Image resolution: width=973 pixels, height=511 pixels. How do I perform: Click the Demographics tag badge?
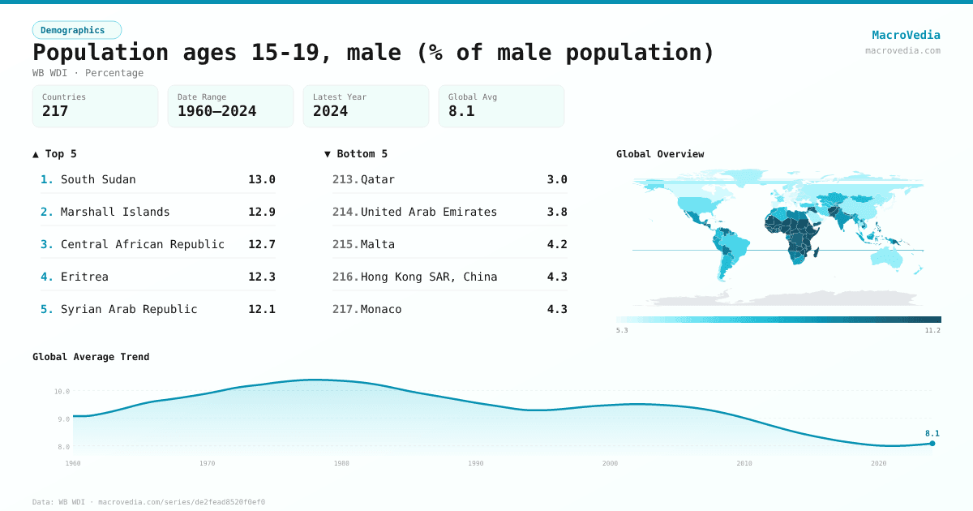(x=76, y=30)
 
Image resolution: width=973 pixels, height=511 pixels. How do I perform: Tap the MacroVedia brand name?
(x=906, y=35)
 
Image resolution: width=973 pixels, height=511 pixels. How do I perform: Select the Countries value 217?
(x=55, y=111)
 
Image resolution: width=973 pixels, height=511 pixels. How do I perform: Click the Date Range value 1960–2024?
(x=216, y=111)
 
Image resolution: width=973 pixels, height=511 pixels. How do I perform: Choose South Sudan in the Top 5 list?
(x=98, y=179)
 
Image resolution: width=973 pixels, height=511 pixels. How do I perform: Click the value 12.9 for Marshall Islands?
(x=261, y=212)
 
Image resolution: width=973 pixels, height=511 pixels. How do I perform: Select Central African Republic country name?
(x=143, y=244)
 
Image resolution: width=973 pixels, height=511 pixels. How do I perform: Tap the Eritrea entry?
(x=84, y=277)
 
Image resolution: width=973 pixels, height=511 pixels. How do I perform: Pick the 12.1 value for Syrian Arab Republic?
(x=261, y=309)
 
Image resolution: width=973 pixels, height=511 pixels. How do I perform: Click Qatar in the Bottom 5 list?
(x=378, y=179)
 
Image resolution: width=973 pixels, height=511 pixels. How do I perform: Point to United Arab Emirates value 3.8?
(x=557, y=212)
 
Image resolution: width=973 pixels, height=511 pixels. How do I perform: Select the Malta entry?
(x=378, y=244)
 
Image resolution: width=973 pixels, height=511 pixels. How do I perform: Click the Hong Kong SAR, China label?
(x=429, y=277)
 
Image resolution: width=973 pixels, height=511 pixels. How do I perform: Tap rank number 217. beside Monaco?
(x=345, y=309)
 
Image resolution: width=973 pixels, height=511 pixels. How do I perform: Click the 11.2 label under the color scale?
(x=932, y=330)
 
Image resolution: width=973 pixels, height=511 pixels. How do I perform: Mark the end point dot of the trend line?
(x=932, y=443)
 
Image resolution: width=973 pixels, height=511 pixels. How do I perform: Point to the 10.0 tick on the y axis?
(x=62, y=391)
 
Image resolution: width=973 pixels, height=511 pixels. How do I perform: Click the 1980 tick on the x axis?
(x=341, y=463)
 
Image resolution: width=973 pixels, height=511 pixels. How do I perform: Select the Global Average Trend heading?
(x=91, y=357)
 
